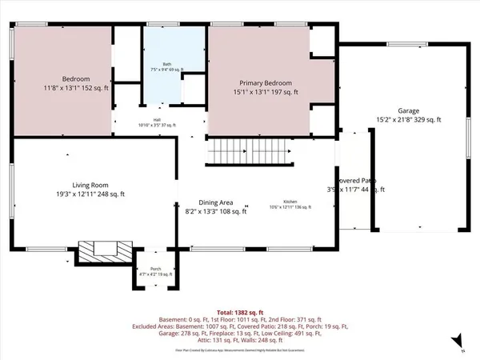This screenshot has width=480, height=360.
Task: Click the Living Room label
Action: click(68, 186)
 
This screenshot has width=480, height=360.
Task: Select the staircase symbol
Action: click(247, 150)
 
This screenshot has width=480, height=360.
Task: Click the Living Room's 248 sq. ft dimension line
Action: click(68, 194)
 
